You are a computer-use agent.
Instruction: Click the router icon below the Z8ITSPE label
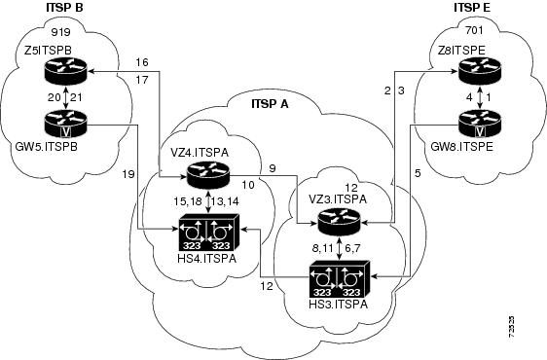tap(479, 67)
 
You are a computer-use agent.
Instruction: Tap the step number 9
tap(273, 167)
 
